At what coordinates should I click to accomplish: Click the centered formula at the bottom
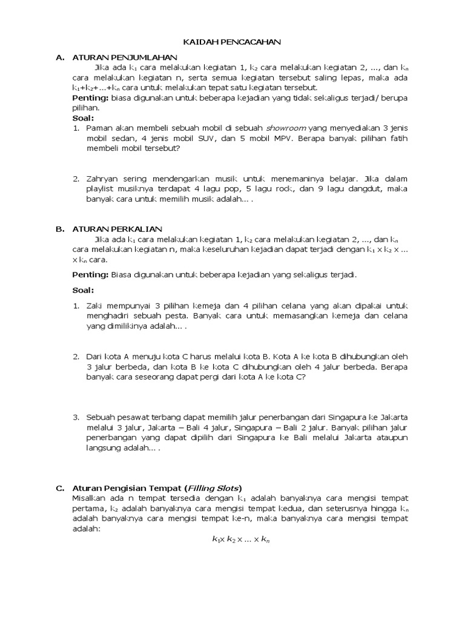point(240,539)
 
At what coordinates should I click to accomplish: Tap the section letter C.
point(59,487)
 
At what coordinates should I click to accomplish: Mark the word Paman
point(100,128)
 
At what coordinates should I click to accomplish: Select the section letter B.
point(59,229)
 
